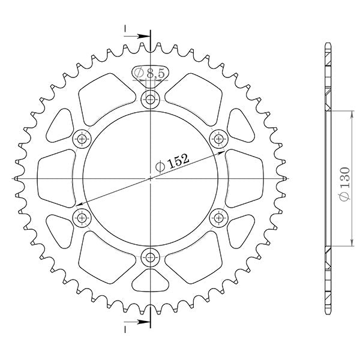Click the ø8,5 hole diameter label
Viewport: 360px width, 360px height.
click(150, 73)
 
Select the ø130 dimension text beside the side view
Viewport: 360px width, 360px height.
click(344, 179)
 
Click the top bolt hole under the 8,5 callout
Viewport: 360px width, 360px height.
click(150, 100)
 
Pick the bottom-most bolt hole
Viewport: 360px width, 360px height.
click(150, 258)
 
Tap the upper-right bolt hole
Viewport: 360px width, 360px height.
click(218, 139)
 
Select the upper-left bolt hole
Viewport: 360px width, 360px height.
click(81, 139)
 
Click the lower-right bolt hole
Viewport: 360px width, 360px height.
click(218, 218)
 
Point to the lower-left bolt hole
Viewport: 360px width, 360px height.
click(81, 218)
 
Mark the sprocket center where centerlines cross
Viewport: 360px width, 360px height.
click(150, 179)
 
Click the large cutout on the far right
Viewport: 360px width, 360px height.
click(246, 179)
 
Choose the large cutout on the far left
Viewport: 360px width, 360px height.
click(54, 179)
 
